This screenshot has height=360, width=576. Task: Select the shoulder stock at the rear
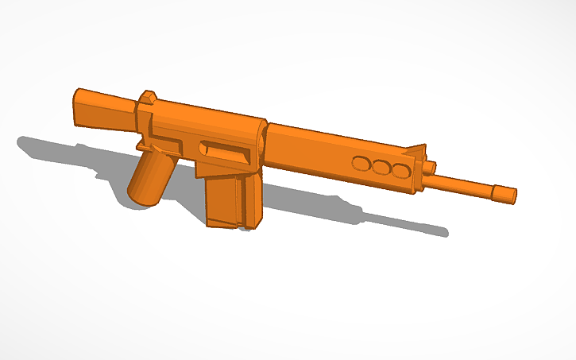click(103, 110)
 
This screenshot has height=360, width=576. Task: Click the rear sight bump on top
click(147, 99)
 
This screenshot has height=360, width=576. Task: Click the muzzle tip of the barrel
click(505, 193)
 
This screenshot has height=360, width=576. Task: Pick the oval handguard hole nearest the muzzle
click(400, 171)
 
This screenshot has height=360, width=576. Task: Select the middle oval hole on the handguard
click(381, 168)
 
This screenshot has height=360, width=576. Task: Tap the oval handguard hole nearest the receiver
click(361, 165)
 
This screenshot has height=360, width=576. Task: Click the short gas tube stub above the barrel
click(430, 168)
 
